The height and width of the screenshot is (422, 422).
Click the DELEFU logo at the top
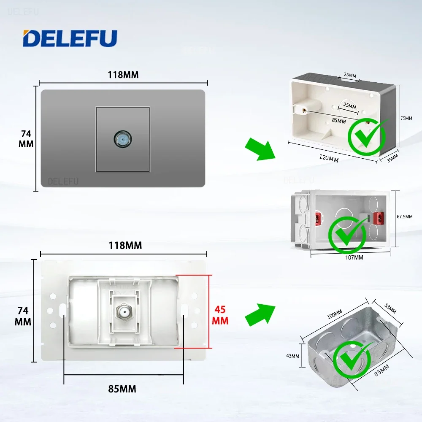(70, 38)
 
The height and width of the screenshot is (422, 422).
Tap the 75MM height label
(406, 119)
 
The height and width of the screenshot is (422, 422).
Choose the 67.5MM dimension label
(405, 216)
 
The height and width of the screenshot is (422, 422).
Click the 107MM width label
(354, 257)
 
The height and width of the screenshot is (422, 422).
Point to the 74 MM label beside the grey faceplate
(25, 138)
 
